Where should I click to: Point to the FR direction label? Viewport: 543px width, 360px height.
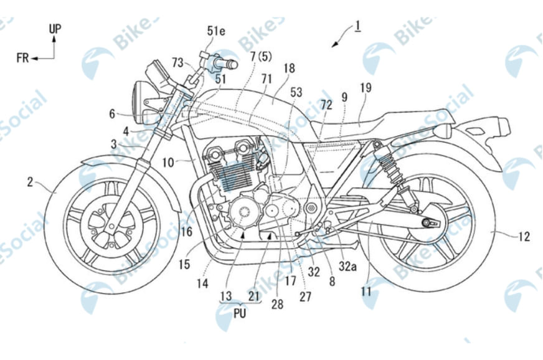(24, 58)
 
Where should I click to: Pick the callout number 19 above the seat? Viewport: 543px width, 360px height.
(365, 88)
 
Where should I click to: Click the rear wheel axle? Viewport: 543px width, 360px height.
(428, 223)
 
